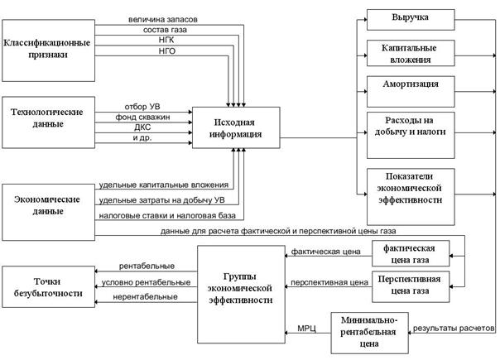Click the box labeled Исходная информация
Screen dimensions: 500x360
[236, 127]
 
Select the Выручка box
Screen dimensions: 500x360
[411, 20]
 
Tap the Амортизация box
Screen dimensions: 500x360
[411, 92]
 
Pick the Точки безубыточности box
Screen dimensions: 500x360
[49, 287]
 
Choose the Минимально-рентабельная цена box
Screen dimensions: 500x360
[369, 333]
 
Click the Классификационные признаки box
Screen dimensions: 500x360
[49, 50]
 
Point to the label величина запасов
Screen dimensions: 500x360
[163, 20]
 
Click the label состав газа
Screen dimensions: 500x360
[166, 30]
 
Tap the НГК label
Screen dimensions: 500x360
[166, 41]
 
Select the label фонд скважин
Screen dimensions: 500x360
[142, 117]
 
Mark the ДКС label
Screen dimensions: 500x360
[142, 127]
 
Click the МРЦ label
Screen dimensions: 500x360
[307, 328]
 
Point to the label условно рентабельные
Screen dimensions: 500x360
[146, 282]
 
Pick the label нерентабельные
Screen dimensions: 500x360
[145, 297]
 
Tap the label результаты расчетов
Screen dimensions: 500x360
[454, 328]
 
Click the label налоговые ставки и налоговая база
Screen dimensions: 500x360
[167, 216]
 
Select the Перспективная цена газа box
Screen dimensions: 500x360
[411, 286]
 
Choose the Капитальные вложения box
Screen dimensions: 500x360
[411, 53]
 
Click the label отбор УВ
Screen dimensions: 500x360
[142, 107]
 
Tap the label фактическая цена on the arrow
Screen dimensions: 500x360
[326, 252]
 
